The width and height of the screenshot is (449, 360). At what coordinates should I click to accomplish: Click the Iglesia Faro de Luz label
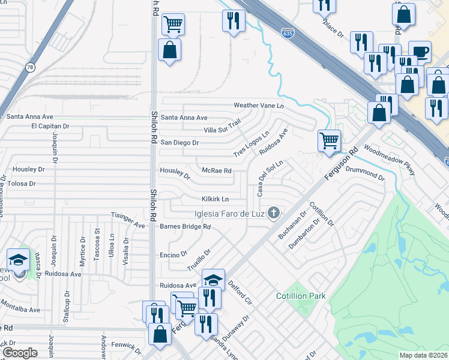point(229,214)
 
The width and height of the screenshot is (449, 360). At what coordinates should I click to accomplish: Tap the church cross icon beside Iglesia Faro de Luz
point(274,213)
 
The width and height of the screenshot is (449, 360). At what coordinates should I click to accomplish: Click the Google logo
point(20,352)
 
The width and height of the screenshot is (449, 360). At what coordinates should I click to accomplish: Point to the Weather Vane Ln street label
point(258,106)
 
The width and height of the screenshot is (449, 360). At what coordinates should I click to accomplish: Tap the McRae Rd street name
point(217,171)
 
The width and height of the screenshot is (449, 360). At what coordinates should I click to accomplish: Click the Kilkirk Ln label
point(215,199)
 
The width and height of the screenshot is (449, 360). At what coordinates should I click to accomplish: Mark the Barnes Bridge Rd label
point(185,227)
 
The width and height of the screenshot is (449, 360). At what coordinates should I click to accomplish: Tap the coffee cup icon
point(419,52)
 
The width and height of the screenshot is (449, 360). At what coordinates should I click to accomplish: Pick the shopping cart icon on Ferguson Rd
point(329,142)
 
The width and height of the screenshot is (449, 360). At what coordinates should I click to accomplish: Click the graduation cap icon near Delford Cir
point(213,280)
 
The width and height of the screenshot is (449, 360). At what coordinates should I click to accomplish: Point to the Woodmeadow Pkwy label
point(389,160)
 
